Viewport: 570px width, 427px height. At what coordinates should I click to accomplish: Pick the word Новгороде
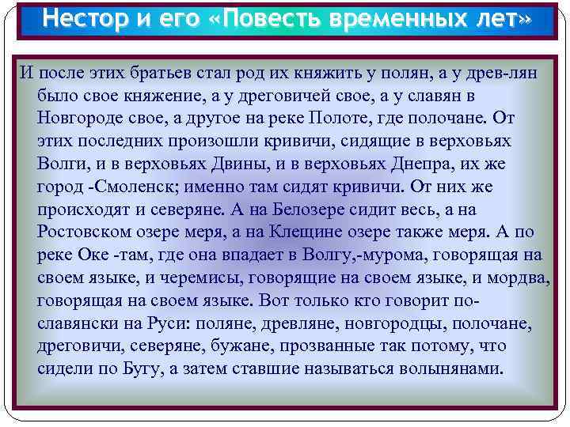point(86,118)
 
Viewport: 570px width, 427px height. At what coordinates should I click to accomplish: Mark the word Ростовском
point(88,232)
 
